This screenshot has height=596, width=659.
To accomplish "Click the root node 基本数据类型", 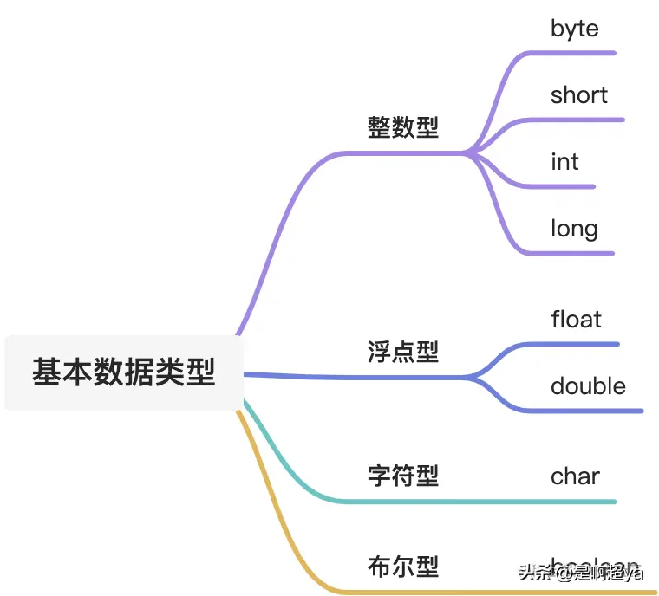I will tap(124, 372).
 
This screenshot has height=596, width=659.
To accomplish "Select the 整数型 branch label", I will tap(403, 127).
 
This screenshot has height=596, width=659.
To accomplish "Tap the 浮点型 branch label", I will tap(403, 351).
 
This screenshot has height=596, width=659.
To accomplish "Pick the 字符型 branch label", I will tap(403, 475).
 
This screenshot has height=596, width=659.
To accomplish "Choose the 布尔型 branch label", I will tap(403, 567).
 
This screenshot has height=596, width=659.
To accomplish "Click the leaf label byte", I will tap(574, 29).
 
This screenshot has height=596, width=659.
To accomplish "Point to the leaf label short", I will tap(579, 94).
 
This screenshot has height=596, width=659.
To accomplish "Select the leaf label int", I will tap(564, 162).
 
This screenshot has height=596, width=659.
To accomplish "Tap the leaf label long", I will tap(574, 229).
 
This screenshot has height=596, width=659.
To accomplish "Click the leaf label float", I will tap(576, 319).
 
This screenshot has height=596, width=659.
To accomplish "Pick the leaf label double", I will tap(588, 385).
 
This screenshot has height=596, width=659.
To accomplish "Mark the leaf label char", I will tap(575, 476).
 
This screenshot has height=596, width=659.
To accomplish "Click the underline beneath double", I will tap(598, 411).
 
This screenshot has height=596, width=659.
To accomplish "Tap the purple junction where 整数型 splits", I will tap(469, 153).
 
